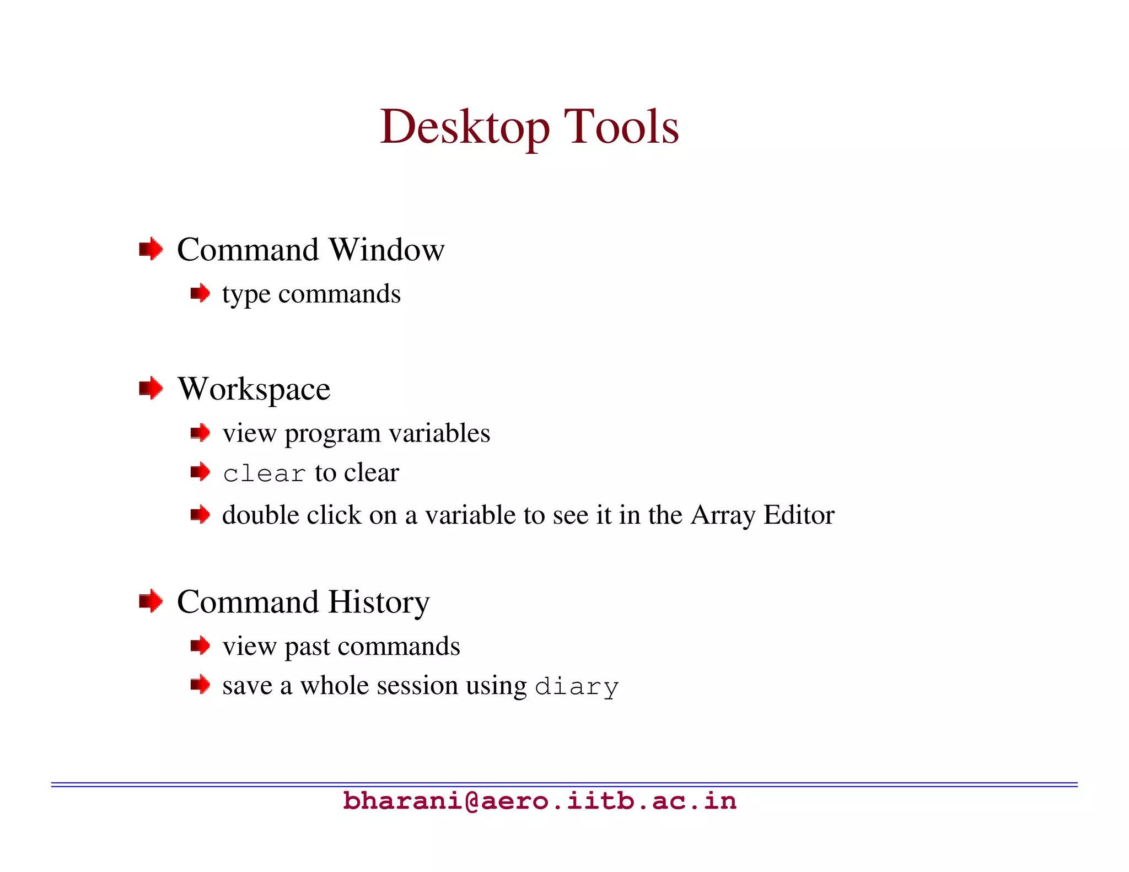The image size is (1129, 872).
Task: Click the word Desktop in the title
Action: click(x=465, y=128)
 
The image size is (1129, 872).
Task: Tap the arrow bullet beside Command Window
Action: click(x=150, y=249)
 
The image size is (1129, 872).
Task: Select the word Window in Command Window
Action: click(x=386, y=250)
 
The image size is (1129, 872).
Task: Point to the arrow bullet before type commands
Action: click(x=200, y=293)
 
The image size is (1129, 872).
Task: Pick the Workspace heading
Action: click(x=254, y=389)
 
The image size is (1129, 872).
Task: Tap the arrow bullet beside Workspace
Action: click(x=150, y=388)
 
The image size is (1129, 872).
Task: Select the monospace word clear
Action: click(x=264, y=474)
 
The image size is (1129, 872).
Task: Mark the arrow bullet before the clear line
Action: click(x=200, y=472)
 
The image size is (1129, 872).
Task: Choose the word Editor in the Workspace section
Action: click(x=799, y=515)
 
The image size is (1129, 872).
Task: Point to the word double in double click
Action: click(x=260, y=515)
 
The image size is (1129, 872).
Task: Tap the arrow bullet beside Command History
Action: click(x=150, y=601)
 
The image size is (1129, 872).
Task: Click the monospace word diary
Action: click(x=577, y=687)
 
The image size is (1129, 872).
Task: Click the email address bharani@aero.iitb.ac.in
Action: click(x=540, y=801)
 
